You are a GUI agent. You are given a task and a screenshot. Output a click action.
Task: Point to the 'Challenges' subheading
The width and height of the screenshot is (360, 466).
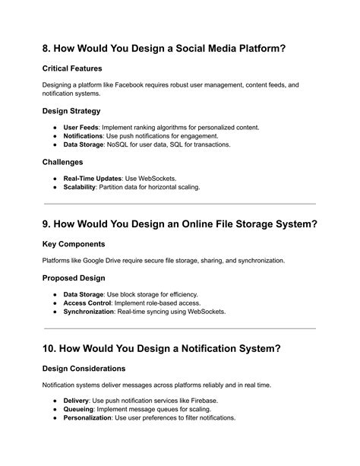[63, 162]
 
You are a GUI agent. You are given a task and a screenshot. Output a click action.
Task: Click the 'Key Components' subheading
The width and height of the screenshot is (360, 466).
[74, 245]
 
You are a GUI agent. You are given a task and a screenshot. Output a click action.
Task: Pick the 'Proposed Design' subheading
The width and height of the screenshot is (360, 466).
[76, 278]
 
